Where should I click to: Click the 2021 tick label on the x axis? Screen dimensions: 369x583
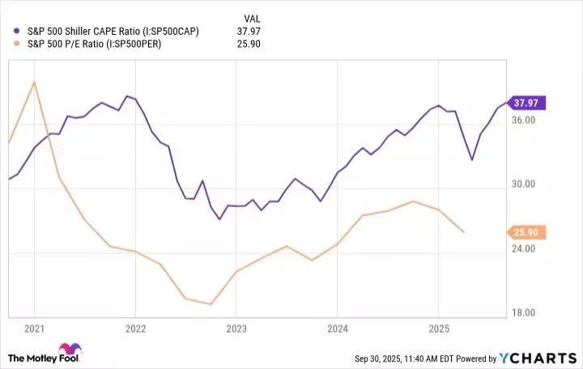point(34,329)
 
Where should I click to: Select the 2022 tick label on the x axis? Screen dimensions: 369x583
point(135,329)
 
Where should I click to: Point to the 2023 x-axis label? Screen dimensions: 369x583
point(236,329)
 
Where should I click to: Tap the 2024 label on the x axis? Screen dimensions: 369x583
point(337,329)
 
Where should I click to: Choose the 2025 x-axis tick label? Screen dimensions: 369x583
point(438,329)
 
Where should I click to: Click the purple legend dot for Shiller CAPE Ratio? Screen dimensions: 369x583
point(17,31)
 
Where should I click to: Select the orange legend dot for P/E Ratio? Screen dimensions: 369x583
point(17,44)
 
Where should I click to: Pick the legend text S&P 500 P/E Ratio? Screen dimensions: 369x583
point(95,44)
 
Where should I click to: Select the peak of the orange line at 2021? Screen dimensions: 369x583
point(34,82)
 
